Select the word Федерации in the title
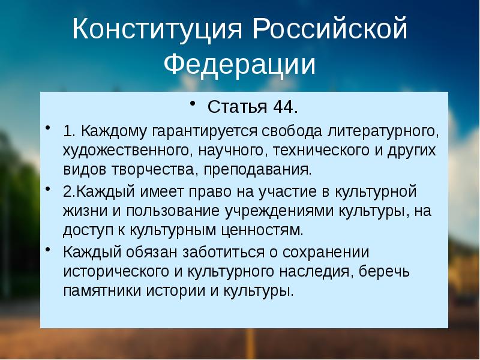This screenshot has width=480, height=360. (x=240, y=65)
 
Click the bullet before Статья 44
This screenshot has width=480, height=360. (x=193, y=104)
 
